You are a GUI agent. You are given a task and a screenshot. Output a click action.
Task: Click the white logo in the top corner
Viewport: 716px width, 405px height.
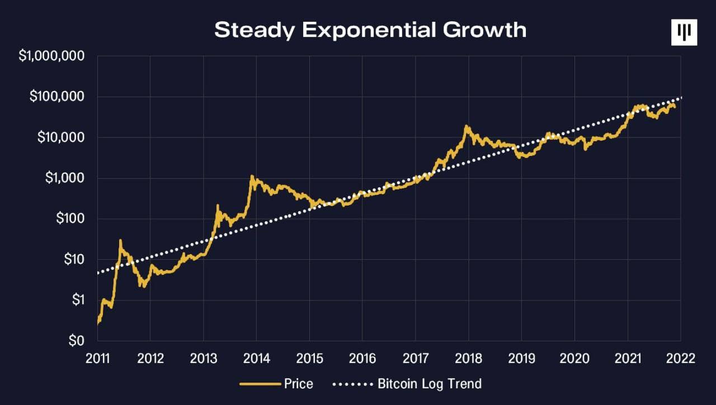pyautogui.click(x=684, y=32)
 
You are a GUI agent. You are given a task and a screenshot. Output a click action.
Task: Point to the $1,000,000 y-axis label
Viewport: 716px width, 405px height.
pyautogui.click(x=52, y=56)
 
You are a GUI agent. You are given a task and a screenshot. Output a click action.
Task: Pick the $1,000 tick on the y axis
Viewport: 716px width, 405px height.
pyautogui.click(x=65, y=178)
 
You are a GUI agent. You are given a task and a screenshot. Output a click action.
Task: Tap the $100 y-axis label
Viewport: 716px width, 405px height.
pyautogui.click(x=70, y=218)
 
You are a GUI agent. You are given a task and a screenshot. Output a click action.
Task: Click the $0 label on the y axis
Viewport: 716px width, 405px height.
pyautogui.click(x=77, y=340)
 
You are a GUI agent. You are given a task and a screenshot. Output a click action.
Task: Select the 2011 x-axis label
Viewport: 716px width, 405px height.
pyautogui.click(x=97, y=358)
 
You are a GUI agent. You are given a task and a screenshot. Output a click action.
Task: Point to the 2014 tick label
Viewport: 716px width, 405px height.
pyautogui.click(x=256, y=358)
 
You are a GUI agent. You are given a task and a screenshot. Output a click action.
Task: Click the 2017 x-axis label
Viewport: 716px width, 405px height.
pyautogui.click(x=415, y=358)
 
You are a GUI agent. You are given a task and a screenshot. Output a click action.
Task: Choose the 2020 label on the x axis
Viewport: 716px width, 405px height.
pyautogui.click(x=574, y=358)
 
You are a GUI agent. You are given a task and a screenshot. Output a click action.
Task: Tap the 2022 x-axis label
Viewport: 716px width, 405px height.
pyautogui.click(x=680, y=358)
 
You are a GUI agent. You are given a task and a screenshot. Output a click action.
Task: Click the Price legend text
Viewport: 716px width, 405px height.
pyautogui.click(x=299, y=384)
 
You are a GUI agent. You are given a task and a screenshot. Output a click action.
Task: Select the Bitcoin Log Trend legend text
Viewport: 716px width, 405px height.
pyautogui.click(x=430, y=384)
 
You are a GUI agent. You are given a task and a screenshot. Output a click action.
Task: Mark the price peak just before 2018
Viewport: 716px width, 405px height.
pyautogui.click(x=465, y=126)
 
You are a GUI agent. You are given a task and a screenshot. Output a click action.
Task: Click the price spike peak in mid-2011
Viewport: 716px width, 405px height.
pyautogui.click(x=120, y=241)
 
